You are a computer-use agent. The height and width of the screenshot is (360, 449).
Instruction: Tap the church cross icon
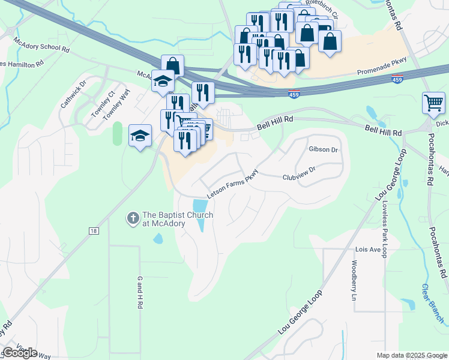pyautogui.click(x=132, y=218)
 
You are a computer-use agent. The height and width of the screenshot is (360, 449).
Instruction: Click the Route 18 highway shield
pyautogui.click(x=94, y=230)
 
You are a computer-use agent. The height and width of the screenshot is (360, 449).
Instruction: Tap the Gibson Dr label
pyautogui.click(x=324, y=149)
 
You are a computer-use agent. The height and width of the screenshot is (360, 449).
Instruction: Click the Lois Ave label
pyautogui.click(x=369, y=249)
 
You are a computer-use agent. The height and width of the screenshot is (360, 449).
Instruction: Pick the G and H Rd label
pyautogui.click(x=139, y=293)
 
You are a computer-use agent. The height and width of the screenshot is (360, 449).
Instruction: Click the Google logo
pyautogui.click(x=20, y=353)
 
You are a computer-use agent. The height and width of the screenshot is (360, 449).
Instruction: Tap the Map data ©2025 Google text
pyautogui.click(x=411, y=355)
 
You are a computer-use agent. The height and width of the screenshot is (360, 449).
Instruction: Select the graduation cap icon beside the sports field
pyautogui.click(x=140, y=136)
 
